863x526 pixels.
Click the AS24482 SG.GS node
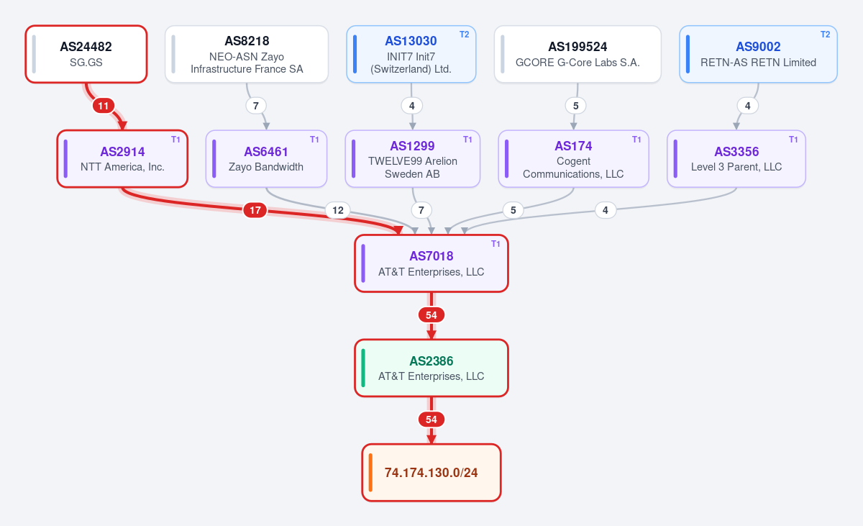coord(86,54)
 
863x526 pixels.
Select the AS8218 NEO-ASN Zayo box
coord(247,54)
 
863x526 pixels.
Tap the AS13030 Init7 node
coord(411,54)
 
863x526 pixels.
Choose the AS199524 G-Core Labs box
coord(577,54)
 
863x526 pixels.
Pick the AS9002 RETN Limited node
coord(758,54)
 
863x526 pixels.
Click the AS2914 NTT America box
coord(122,159)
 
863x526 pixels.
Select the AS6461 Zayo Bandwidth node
coord(266,159)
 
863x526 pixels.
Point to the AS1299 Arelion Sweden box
coord(413,159)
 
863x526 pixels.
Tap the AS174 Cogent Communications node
coord(573,159)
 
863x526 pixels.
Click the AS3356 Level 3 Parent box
coord(736,159)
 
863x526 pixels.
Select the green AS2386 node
coord(431,368)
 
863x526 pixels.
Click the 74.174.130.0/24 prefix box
coord(431,473)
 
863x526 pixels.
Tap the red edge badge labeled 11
coord(104,106)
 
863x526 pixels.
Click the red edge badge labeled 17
coord(255,210)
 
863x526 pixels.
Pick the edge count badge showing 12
coord(338,210)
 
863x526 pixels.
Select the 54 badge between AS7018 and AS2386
coord(431,315)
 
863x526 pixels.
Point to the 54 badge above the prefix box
coord(431,420)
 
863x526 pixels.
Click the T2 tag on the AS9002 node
coord(826,35)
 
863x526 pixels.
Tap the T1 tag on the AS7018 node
coord(496,244)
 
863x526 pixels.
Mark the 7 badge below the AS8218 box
coord(256,106)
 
